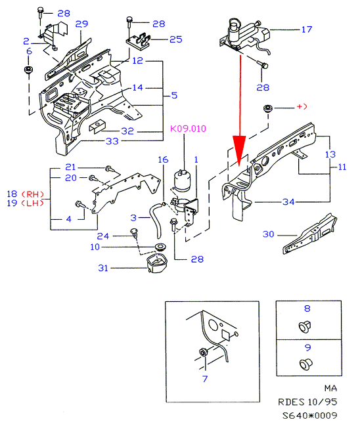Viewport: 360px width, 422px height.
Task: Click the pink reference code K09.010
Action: pos(188,129)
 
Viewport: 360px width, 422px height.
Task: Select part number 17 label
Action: pos(307,30)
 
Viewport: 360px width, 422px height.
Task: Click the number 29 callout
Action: pos(81,24)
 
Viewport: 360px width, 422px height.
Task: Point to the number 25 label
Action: pos(175,39)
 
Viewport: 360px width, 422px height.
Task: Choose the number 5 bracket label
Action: pos(174,95)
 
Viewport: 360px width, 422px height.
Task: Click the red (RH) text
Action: pos(32,194)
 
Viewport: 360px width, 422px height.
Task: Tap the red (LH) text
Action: pos(32,203)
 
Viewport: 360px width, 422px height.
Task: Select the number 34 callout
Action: pos(288,202)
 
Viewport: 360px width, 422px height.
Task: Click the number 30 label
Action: pos(269,234)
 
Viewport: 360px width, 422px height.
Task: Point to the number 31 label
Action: pos(103,268)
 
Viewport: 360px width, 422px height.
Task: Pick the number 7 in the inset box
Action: pos(205,379)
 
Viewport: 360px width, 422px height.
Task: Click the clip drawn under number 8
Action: pos(305,327)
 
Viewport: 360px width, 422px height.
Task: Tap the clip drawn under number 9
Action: pos(306,364)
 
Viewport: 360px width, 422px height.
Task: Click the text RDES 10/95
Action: pos(307,402)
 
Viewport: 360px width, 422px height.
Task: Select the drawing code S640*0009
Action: pos(309,415)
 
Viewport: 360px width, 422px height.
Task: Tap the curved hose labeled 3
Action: pos(156,221)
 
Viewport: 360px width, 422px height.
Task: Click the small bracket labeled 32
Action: pos(97,126)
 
